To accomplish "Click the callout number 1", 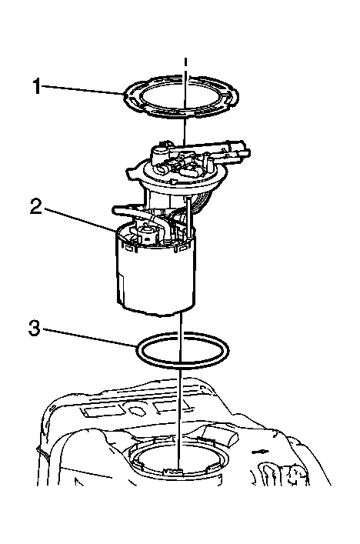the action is [37, 86].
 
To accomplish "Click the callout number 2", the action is [36, 206].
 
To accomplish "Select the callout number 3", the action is [35, 328].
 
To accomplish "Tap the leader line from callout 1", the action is [84, 90].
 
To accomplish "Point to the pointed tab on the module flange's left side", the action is [132, 172].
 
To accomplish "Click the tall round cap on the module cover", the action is [158, 152].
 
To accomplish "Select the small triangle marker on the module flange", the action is [174, 182].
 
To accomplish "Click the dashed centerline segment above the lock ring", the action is [185, 67].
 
